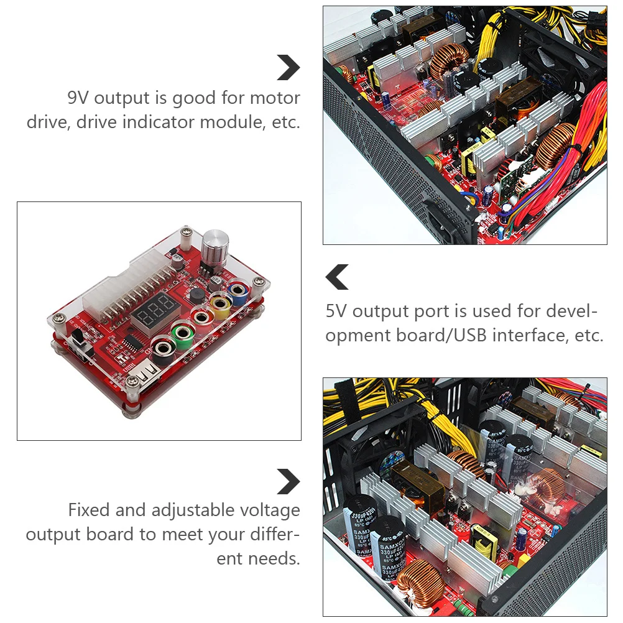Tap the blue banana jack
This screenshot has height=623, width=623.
tap(237, 290)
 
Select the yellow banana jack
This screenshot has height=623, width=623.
tap(219, 303)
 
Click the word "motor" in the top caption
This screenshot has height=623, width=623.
tap(274, 98)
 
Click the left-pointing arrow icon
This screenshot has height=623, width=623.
tap(338, 277)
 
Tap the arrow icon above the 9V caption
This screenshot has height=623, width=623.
tap(288, 67)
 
